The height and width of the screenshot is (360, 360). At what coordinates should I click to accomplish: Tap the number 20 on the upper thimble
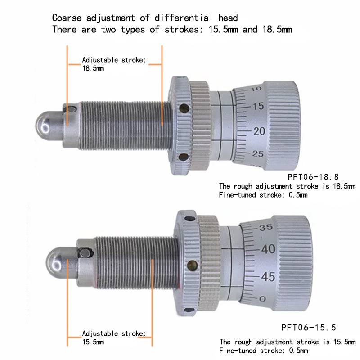click(x=259, y=131)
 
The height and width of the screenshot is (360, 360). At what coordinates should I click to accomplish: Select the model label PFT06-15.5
click(x=309, y=327)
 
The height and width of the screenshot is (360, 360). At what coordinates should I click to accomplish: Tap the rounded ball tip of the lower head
click(x=56, y=262)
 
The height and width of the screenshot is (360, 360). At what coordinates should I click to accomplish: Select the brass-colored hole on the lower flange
click(x=193, y=265)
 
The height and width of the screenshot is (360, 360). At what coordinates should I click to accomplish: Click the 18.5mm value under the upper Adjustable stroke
click(x=93, y=68)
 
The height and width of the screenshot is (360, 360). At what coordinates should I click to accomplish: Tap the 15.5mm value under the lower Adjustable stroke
click(x=93, y=342)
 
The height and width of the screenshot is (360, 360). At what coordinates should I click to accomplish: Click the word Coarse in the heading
click(x=65, y=18)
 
